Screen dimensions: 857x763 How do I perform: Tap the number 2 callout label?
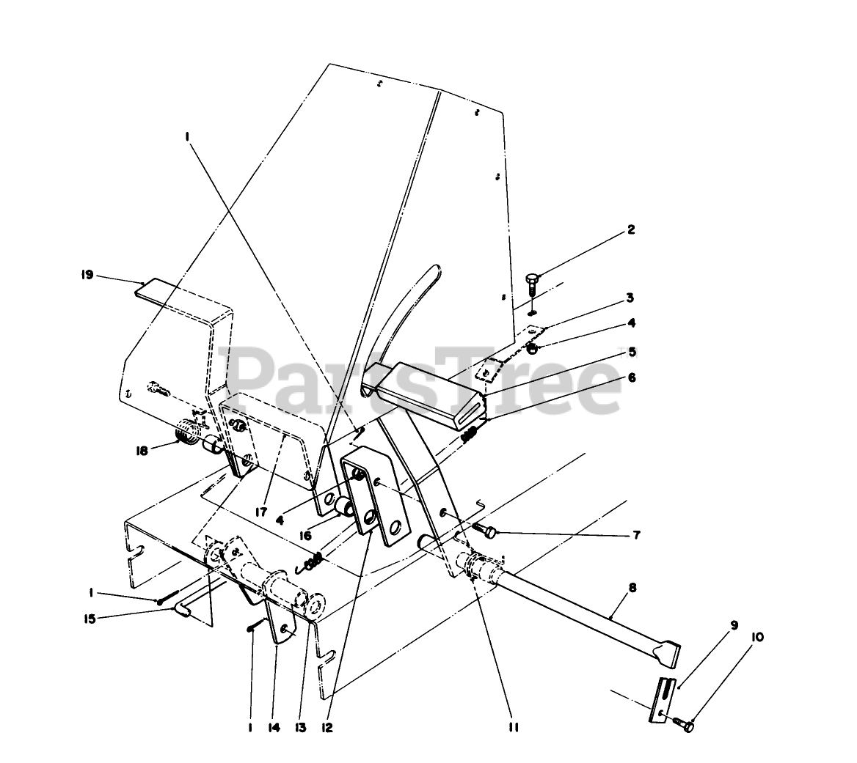pos(630,230)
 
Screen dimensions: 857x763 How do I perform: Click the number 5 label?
pos(630,352)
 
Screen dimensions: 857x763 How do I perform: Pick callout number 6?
pos(630,378)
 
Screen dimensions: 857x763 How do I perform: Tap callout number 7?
pos(635,535)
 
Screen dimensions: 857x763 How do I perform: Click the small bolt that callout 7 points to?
pos(485,529)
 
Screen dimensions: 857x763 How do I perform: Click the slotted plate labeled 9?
pos(664,697)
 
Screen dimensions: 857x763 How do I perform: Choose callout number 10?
pos(757,638)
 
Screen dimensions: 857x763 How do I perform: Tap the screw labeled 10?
pos(687,725)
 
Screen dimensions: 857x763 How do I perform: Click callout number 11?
pos(513,727)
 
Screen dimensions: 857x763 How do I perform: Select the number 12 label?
pos(327,727)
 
